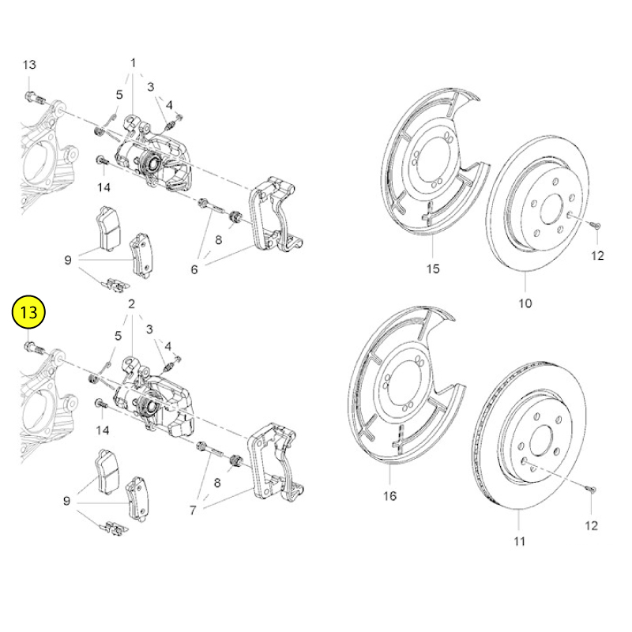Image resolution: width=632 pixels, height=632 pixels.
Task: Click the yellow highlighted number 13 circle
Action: (x=28, y=312)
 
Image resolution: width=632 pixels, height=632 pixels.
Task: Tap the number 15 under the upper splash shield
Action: (x=433, y=269)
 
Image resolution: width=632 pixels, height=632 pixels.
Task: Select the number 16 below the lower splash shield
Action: (x=389, y=495)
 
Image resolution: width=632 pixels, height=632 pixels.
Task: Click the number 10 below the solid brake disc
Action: (x=525, y=303)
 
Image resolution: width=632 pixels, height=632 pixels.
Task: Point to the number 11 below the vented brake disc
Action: (x=520, y=541)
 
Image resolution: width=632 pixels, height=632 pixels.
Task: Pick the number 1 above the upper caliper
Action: (x=133, y=63)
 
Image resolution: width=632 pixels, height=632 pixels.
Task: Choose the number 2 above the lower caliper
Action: (x=131, y=303)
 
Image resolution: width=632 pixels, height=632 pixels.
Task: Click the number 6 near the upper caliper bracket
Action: (x=194, y=269)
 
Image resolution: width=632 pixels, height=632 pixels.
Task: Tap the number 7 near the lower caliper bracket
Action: (x=193, y=510)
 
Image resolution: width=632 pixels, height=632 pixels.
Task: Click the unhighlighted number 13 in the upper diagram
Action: (x=29, y=65)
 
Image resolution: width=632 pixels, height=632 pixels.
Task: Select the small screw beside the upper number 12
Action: (x=596, y=225)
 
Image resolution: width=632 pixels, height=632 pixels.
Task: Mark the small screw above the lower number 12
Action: (x=591, y=489)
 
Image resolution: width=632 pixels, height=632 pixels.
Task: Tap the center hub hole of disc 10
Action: (x=551, y=209)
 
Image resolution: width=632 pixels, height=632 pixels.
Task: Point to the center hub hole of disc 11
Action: (x=540, y=442)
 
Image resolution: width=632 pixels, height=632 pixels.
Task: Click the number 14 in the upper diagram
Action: (x=103, y=187)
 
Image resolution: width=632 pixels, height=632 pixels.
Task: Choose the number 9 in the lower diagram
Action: (x=67, y=501)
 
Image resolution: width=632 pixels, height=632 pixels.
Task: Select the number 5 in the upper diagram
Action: (x=119, y=94)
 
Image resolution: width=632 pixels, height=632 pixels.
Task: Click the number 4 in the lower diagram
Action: (x=168, y=346)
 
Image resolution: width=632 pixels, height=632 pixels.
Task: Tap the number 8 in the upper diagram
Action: (x=219, y=240)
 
